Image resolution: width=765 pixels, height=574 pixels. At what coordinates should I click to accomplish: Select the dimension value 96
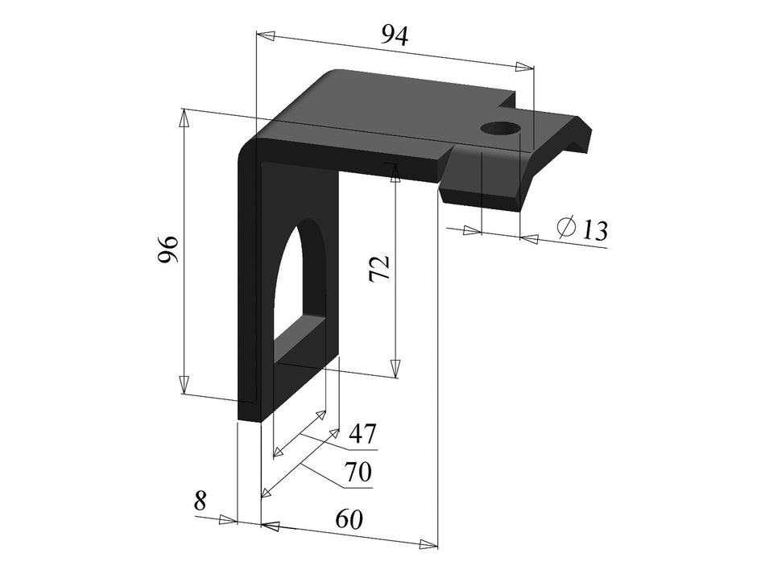click(x=167, y=250)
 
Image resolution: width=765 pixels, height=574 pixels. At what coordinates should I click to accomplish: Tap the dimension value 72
click(x=379, y=268)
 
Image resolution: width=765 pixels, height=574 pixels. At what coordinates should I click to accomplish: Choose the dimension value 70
click(x=358, y=472)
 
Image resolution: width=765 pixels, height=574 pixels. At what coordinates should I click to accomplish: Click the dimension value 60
click(x=348, y=519)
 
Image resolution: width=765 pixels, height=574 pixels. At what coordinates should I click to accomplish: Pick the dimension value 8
click(x=201, y=501)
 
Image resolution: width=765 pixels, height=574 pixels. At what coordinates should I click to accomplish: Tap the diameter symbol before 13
click(x=566, y=228)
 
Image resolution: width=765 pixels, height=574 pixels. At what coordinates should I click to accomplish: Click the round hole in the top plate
click(x=500, y=128)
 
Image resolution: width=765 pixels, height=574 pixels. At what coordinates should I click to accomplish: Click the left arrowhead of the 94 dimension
click(x=265, y=35)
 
